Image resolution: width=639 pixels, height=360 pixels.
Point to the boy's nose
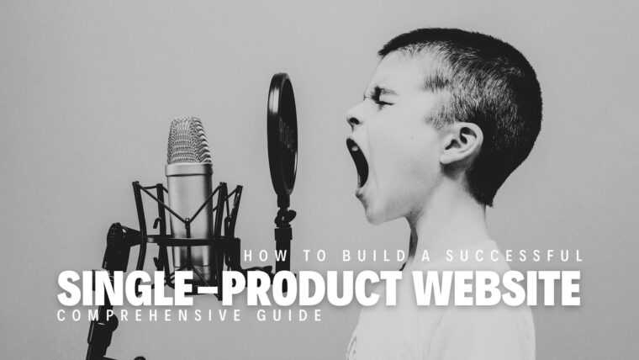pos(351,119)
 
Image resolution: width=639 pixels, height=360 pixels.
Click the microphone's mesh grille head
pos(187,140)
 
